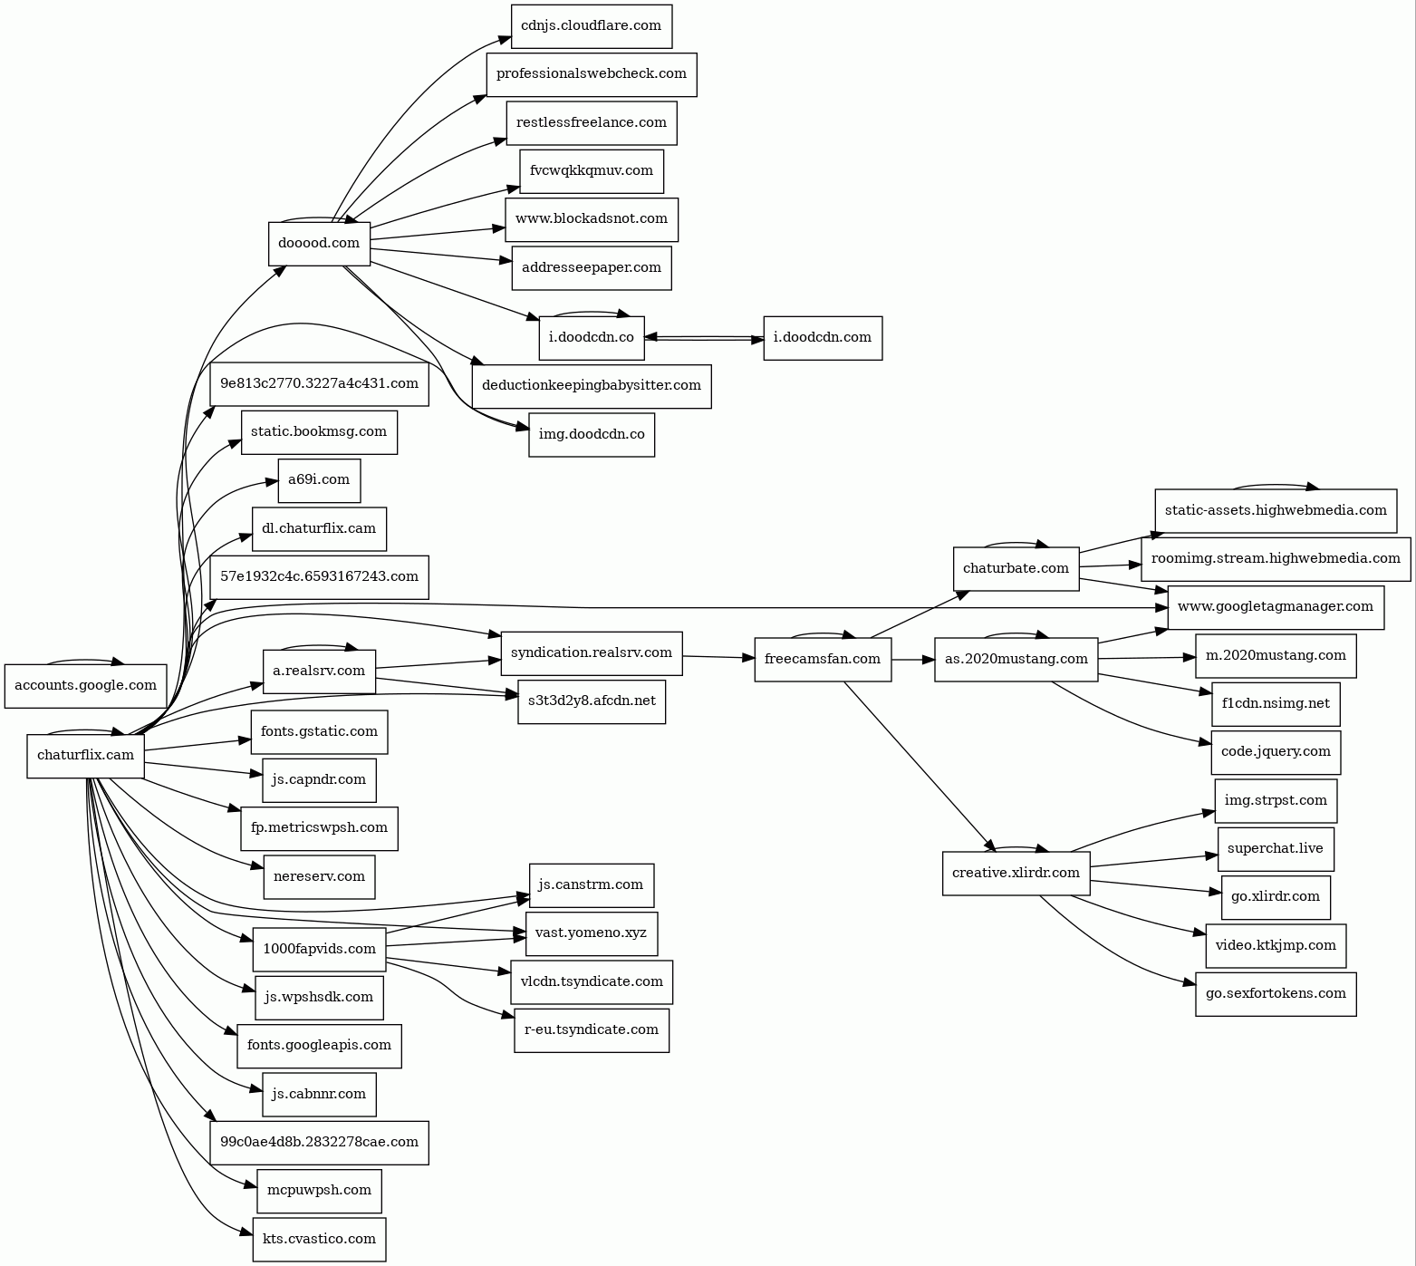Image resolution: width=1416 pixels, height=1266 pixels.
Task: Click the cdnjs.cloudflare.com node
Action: pyautogui.click(x=591, y=25)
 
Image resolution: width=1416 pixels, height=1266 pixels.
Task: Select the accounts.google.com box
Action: pyautogui.click(x=85, y=685)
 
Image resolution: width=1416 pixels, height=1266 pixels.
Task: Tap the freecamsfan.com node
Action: pyautogui.click(x=822, y=659)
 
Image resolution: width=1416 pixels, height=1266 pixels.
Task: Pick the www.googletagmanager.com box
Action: pyautogui.click(x=1275, y=606)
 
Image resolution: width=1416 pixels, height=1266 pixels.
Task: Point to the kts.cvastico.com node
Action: pyautogui.click(x=319, y=1239)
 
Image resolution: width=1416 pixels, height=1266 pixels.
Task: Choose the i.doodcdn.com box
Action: pyautogui.click(x=822, y=337)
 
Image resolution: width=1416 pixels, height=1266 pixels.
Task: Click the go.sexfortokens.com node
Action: pyautogui.click(x=1275, y=993)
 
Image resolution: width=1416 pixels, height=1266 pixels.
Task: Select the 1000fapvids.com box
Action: pyautogui.click(x=319, y=949)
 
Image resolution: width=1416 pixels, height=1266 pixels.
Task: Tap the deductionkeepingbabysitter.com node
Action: pyautogui.click(x=591, y=385)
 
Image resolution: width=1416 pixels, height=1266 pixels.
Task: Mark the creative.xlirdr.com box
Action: pyautogui.click(x=1016, y=873)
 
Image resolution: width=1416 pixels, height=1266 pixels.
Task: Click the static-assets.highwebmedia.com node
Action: pyautogui.click(x=1275, y=510)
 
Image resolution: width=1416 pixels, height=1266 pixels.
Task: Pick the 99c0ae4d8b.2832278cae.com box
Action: pyautogui.click(x=319, y=1142)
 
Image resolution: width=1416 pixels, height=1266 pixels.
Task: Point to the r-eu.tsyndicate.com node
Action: pyautogui.click(x=591, y=1029)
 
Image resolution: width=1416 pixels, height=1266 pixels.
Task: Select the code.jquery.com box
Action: pyautogui.click(x=1275, y=751)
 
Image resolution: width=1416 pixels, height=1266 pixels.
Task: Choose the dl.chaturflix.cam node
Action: pyautogui.click(x=319, y=528)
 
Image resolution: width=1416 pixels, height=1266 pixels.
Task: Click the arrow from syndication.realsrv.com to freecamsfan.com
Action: pyautogui.click(x=718, y=656)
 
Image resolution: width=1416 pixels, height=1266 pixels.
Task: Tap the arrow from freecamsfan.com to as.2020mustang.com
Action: pyautogui.click(x=912, y=659)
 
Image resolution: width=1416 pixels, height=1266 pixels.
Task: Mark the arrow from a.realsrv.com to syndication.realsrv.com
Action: pyautogui.click(x=438, y=664)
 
